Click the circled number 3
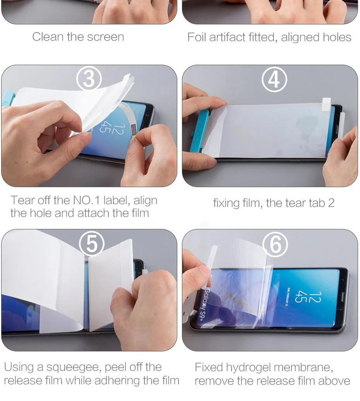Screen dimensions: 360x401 (89, 79)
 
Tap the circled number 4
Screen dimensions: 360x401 (274, 79)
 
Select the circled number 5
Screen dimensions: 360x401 (92, 244)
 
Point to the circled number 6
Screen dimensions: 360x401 (276, 244)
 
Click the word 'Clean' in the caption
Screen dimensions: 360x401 (48, 37)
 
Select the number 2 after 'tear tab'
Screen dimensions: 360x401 (331, 203)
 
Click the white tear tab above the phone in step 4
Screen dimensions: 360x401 (327, 104)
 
